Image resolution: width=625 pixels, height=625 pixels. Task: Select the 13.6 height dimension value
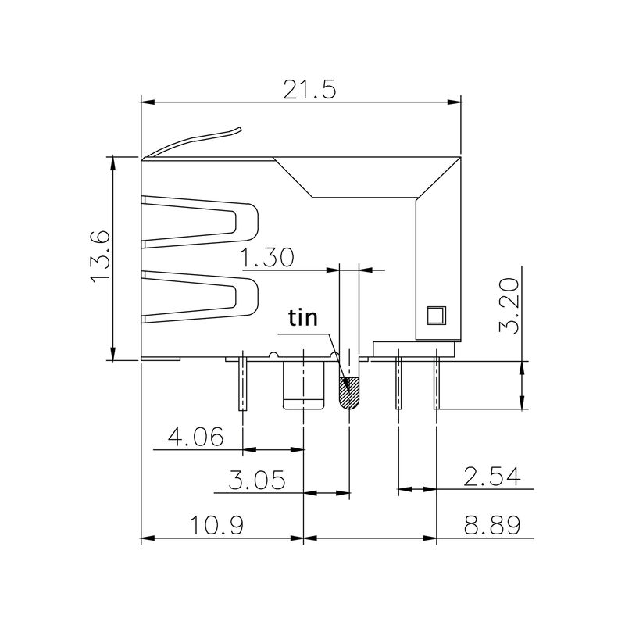[x=102, y=257]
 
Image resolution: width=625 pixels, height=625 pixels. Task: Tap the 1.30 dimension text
[x=267, y=258]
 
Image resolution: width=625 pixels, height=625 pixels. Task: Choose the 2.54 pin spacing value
[x=491, y=477]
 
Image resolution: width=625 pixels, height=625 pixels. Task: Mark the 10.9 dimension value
[x=215, y=525]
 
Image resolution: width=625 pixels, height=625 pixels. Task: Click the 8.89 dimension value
[x=491, y=525]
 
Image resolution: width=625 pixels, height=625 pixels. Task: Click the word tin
[x=303, y=317]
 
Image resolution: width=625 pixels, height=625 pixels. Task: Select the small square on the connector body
[x=434, y=316]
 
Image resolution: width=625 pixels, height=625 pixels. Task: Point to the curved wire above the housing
[x=195, y=141]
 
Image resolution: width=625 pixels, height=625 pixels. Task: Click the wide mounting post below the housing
[x=302, y=387]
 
